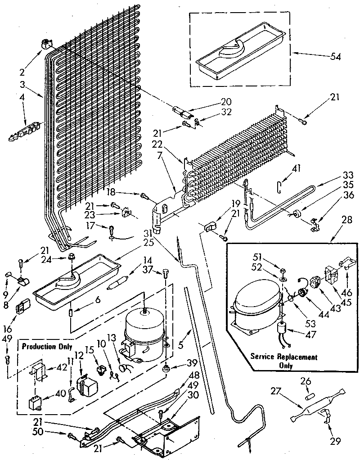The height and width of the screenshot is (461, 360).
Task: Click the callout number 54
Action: [x=335, y=57]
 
